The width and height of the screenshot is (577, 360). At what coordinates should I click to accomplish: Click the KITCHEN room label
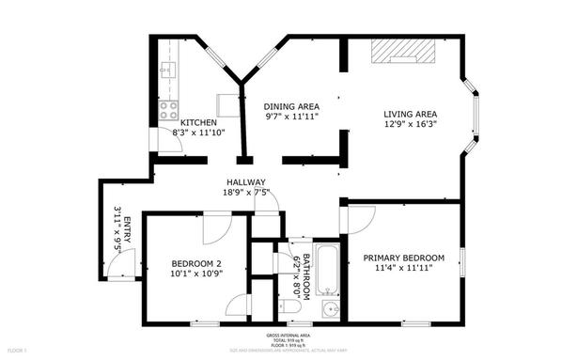(x=198, y=123)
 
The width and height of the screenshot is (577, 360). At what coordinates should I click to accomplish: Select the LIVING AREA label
(x=410, y=115)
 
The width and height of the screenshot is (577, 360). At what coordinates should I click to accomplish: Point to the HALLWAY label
(x=246, y=182)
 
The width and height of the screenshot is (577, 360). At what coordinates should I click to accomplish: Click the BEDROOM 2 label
(x=195, y=263)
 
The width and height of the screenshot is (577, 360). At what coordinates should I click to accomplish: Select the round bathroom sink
(x=330, y=307)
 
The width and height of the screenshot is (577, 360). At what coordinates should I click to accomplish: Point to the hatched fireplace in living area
(x=401, y=52)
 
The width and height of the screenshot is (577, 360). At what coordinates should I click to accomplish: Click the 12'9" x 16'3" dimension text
(x=411, y=126)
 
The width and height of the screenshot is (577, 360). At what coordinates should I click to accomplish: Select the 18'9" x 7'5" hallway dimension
(x=246, y=193)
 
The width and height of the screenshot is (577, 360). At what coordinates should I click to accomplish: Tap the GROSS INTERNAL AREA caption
(x=288, y=336)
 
